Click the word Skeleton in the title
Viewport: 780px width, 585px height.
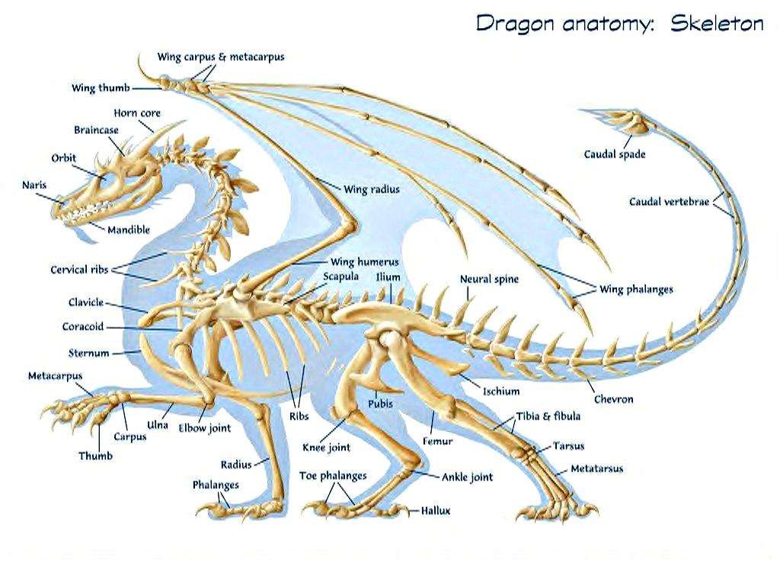click(x=717, y=23)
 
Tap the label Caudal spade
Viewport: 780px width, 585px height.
click(x=615, y=154)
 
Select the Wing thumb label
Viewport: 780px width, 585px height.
click(x=101, y=88)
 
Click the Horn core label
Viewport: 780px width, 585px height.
click(x=137, y=113)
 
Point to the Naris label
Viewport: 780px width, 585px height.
click(x=34, y=185)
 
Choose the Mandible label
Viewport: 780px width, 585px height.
click(x=129, y=229)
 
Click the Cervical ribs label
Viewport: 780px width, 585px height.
click(x=79, y=270)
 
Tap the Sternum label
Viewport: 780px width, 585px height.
click(x=88, y=353)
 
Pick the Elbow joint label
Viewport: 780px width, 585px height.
click(x=205, y=428)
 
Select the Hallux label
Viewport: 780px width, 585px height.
click(x=436, y=510)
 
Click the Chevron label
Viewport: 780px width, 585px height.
click(x=614, y=399)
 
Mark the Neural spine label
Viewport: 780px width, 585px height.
click(x=489, y=280)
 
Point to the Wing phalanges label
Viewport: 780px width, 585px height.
click(x=636, y=289)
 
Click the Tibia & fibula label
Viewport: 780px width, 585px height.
click(x=548, y=416)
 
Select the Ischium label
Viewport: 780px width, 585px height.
click(x=501, y=392)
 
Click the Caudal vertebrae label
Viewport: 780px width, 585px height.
click(x=669, y=201)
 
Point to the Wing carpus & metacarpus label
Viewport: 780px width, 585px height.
click(x=221, y=56)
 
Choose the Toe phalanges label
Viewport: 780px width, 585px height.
click(x=333, y=476)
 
